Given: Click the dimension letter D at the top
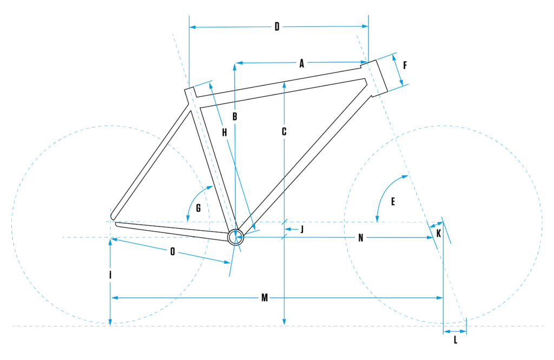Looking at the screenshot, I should (x=276, y=27).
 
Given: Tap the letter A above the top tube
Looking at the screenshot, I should (x=302, y=64).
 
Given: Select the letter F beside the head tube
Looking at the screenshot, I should (x=405, y=65).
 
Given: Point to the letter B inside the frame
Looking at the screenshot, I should (x=235, y=116).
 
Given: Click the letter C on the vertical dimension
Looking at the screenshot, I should (x=284, y=131).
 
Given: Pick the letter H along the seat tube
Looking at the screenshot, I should (x=224, y=132).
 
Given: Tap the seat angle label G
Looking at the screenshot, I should (x=199, y=208).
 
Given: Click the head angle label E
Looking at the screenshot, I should (x=393, y=202).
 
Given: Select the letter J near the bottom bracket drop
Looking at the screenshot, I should (x=302, y=230).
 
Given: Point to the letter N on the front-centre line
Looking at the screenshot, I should (x=360, y=238).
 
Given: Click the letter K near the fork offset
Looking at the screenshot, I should (x=438, y=233).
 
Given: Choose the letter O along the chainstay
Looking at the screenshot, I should (x=172, y=251).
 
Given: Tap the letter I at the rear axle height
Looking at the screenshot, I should (x=110, y=275).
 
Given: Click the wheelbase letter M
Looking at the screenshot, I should (x=264, y=298).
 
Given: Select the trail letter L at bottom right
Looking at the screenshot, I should (x=455, y=340).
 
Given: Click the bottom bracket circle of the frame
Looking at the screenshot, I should (x=236, y=237).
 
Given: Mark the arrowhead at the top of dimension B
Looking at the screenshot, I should (x=235, y=65).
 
